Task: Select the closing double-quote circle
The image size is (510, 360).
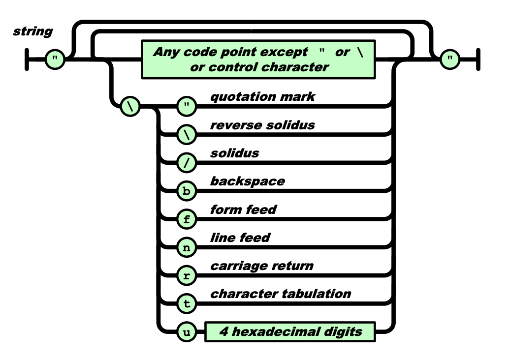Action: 450,60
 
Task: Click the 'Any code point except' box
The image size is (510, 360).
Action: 258,60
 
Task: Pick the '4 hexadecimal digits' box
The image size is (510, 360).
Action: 290,332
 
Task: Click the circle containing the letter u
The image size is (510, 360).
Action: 187,332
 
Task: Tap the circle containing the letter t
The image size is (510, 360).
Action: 187,304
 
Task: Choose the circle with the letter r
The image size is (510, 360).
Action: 187,276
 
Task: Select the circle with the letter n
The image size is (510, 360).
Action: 187,248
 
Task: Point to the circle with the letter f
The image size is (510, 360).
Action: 187,219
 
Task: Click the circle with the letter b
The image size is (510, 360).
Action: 187,191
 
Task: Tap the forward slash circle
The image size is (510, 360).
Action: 187,163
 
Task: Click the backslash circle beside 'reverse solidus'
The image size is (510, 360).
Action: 187,135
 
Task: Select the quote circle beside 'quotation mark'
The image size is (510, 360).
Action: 187,106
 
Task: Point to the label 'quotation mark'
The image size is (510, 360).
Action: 262,96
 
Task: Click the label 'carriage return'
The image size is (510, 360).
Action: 262,266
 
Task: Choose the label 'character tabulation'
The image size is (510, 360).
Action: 281,294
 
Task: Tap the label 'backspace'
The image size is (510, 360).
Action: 248,181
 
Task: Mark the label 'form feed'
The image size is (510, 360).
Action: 243,210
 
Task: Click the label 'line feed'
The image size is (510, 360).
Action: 240,238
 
